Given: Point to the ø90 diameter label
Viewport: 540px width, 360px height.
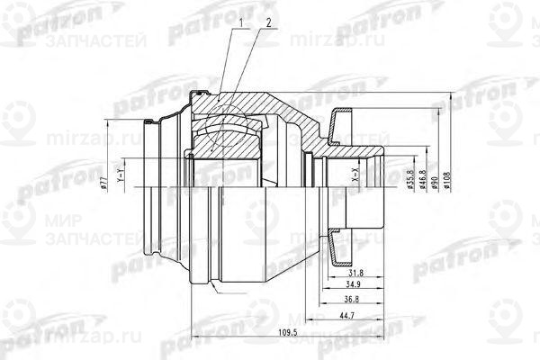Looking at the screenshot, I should click(433, 183).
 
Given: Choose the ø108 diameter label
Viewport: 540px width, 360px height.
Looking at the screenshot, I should click(446, 183).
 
